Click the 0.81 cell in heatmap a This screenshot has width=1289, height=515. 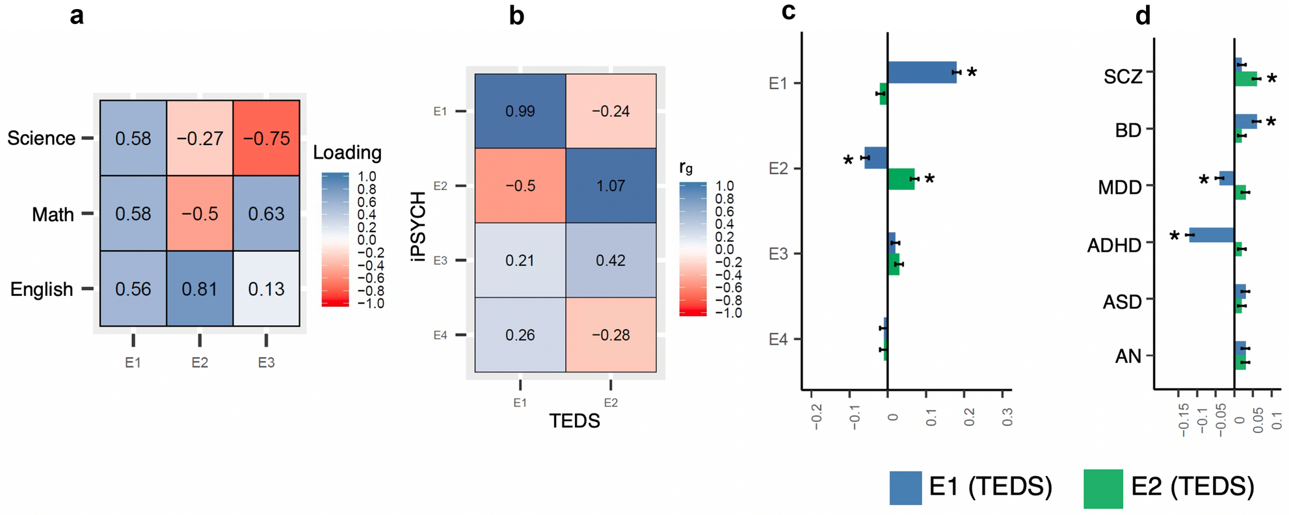[x=200, y=289]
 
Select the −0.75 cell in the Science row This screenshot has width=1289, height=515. [x=267, y=138]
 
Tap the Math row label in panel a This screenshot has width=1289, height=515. [x=53, y=214]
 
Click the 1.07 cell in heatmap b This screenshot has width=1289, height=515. [x=611, y=186]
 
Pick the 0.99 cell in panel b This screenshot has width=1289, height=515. [x=520, y=111]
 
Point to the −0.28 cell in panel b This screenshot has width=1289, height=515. [x=611, y=335]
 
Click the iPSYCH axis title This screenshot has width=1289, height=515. [x=419, y=226]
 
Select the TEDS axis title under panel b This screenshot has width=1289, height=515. [x=574, y=421]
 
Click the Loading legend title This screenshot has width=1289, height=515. [x=347, y=153]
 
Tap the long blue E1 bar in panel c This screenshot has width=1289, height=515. [x=922, y=72]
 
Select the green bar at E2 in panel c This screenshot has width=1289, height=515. [x=901, y=179]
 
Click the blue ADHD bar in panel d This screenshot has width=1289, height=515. [x=1212, y=235]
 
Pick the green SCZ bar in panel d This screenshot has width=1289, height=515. [x=1245, y=79]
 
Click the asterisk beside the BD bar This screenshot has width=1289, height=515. [x=1271, y=122]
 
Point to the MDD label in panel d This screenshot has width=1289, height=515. [x=1120, y=188]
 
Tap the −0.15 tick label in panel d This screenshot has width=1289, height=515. [x=1184, y=420]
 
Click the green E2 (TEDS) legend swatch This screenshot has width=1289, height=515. [x=1103, y=488]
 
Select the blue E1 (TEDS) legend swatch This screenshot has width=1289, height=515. [x=905, y=488]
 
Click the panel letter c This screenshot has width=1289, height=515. [x=788, y=11]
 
